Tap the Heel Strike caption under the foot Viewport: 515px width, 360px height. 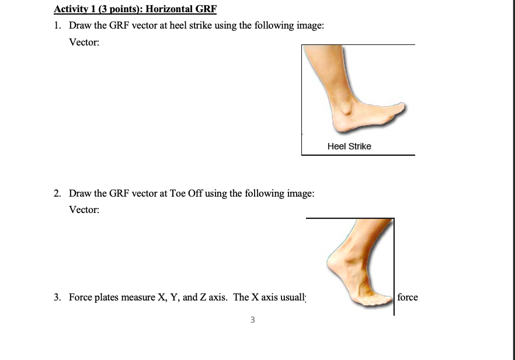point(349,146)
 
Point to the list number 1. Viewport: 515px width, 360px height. point(57,26)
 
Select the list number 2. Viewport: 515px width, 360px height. point(57,193)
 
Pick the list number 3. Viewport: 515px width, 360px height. point(57,297)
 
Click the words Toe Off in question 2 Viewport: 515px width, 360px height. point(186,193)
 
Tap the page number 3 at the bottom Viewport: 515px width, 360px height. point(252,319)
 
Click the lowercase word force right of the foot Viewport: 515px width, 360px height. point(408,297)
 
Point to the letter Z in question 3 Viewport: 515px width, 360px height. point(203,297)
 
